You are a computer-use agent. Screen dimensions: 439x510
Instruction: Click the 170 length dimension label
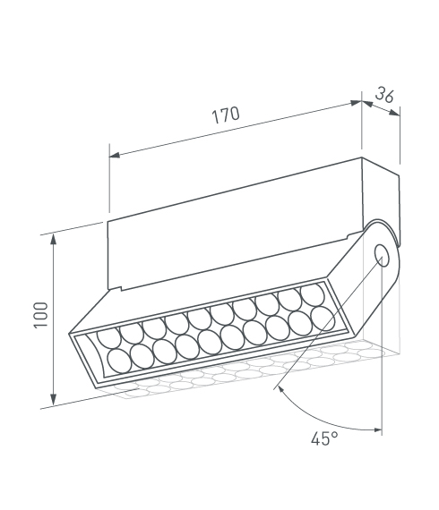click(x=226, y=115)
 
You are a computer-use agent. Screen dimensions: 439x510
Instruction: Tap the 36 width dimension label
click(x=384, y=95)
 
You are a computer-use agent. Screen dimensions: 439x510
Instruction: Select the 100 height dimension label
click(x=41, y=315)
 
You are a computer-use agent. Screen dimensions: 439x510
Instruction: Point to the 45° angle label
click(x=324, y=438)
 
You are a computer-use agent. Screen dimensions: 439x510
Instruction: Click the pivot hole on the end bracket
click(x=382, y=256)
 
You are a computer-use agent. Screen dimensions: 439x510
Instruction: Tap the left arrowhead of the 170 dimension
click(x=115, y=155)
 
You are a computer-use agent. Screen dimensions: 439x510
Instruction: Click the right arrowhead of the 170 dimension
click(x=357, y=103)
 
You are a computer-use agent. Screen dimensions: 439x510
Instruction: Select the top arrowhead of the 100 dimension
click(x=53, y=239)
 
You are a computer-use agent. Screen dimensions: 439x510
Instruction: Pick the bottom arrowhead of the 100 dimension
click(x=53, y=400)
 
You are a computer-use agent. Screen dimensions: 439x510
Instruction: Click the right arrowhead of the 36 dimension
click(x=395, y=113)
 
